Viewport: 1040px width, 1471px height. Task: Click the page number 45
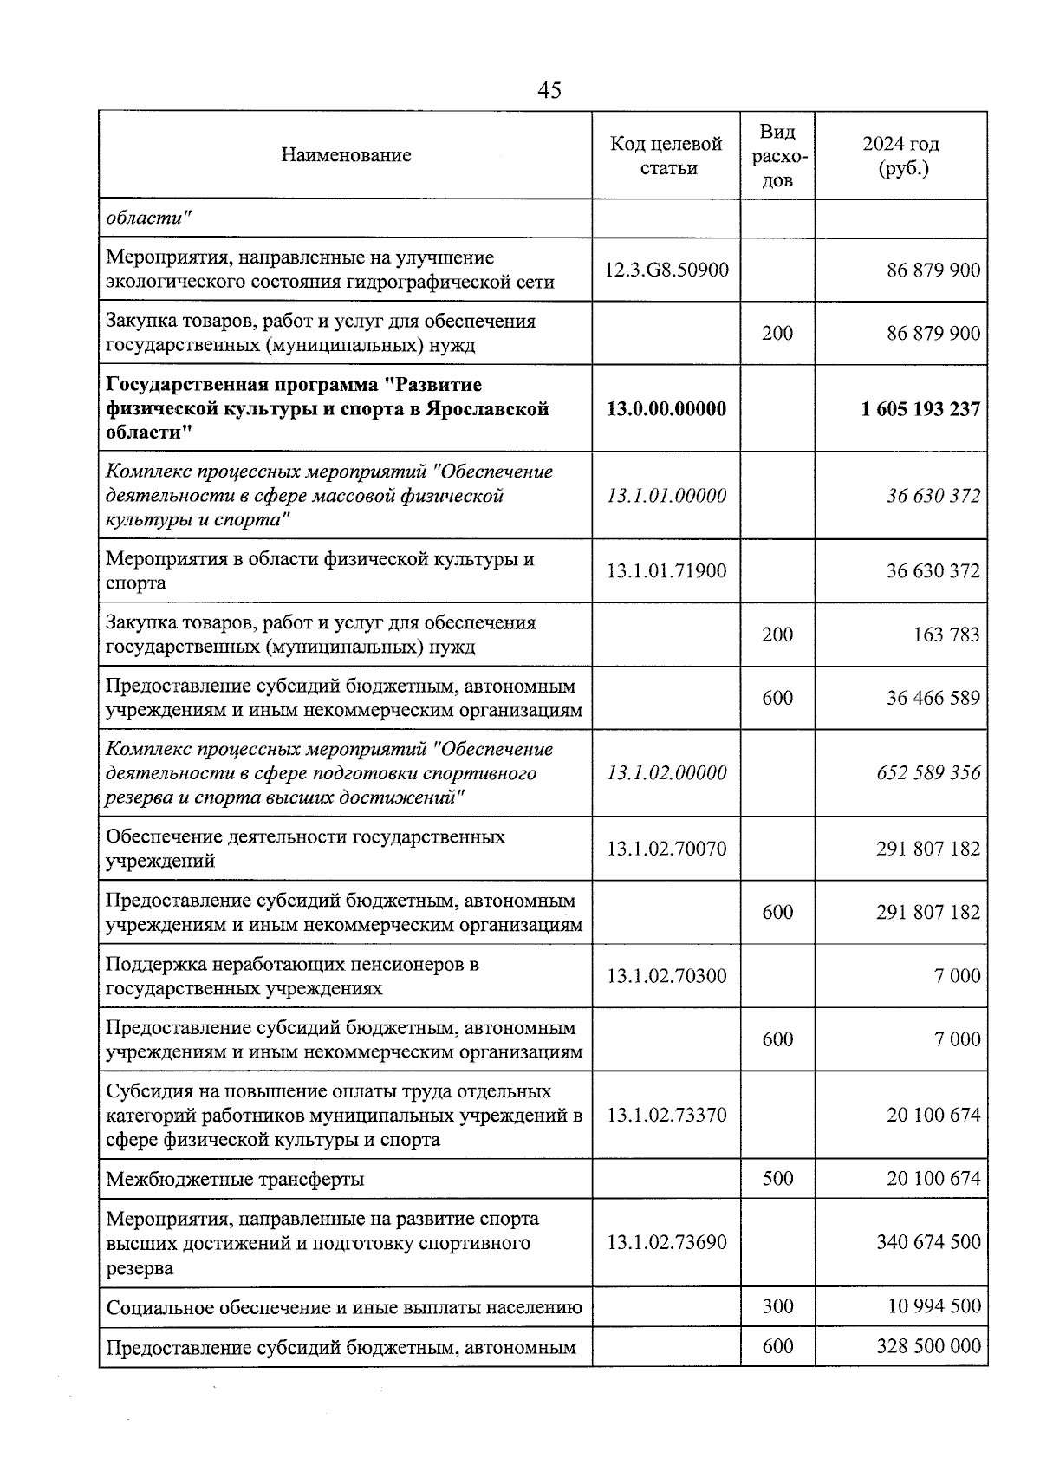[x=549, y=90]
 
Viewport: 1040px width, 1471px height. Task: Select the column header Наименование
[x=346, y=155]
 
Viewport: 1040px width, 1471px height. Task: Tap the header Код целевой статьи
[x=666, y=155]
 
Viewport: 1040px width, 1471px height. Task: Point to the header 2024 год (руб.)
[x=901, y=155]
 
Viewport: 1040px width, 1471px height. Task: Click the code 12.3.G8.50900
[x=666, y=270]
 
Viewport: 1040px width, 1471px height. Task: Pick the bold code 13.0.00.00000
[x=666, y=408]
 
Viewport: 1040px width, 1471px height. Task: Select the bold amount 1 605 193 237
[x=920, y=408]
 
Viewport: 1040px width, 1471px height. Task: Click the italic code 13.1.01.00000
[x=666, y=496]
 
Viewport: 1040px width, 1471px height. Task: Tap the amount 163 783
[x=946, y=635]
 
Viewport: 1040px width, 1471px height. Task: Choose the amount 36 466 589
[x=933, y=698]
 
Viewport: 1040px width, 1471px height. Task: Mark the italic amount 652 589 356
[x=928, y=772]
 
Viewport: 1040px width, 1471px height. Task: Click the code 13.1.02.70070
[x=666, y=849]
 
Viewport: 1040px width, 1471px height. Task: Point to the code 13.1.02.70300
[x=666, y=976]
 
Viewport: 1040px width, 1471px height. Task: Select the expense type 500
[x=777, y=1179]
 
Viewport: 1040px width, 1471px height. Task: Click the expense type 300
[x=777, y=1306]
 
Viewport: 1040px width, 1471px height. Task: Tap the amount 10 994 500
[x=934, y=1306]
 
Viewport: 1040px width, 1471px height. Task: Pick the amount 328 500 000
[x=928, y=1346]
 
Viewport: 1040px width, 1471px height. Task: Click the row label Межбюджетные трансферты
[x=235, y=1180]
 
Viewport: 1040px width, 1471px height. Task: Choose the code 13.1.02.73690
[x=666, y=1242]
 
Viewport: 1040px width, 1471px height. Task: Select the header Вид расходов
[x=777, y=155]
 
